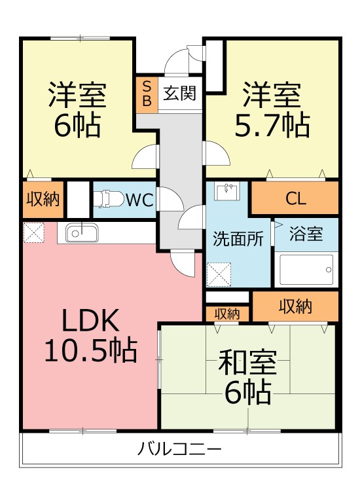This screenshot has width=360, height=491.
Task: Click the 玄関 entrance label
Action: (180, 93)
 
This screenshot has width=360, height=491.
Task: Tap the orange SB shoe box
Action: (147, 94)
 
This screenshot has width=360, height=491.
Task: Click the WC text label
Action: (139, 200)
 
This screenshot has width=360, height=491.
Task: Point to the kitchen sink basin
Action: (82, 233)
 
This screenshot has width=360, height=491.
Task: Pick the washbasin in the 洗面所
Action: (227, 191)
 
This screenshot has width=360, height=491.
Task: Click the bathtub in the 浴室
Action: (306, 270)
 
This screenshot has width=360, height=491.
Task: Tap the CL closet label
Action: (295, 198)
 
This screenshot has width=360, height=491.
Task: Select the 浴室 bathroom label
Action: (306, 234)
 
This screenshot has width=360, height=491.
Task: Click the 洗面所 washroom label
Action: (238, 239)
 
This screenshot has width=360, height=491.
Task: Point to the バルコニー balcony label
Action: (179, 450)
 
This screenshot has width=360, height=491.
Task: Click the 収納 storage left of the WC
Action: (43, 199)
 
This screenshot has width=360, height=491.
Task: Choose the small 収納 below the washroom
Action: (227, 314)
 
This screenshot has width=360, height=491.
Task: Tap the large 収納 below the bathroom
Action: (295, 306)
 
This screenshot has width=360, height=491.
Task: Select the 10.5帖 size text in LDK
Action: (91, 350)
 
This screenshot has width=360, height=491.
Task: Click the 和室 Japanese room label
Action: (247, 363)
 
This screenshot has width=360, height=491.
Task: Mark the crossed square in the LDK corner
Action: (34, 232)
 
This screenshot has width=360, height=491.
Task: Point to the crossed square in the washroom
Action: (219, 274)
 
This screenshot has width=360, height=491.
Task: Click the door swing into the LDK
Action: (183, 264)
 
